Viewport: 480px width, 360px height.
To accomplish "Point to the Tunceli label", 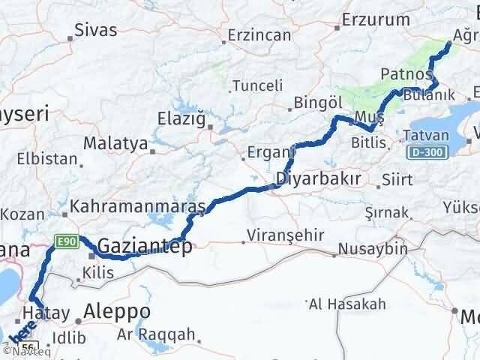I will click(x=256, y=86).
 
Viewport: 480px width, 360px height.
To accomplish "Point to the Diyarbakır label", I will click(x=318, y=179).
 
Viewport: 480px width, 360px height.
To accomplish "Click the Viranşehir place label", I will click(x=288, y=235).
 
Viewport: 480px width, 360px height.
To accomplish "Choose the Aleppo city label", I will click(x=118, y=311).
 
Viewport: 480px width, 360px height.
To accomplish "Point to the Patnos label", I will click(x=406, y=74).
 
